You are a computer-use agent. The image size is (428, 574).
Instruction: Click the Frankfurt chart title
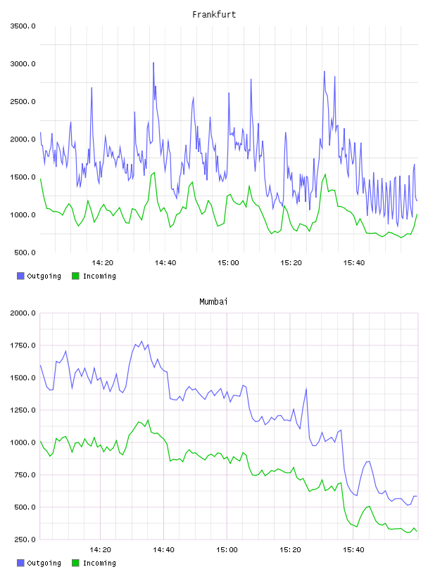point(214,14)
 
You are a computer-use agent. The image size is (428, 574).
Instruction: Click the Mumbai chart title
point(213,301)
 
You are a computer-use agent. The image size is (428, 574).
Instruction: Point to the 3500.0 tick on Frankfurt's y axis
point(23,26)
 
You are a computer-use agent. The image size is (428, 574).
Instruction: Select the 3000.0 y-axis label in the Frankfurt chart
point(23,64)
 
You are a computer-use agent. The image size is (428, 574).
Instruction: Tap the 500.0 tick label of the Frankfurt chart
point(25,253)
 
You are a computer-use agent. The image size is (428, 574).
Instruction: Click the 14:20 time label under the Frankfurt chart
point(103,262)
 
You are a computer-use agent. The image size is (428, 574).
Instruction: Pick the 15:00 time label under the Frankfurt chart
point(228,262)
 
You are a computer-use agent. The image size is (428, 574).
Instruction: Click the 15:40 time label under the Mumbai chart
point(353,549)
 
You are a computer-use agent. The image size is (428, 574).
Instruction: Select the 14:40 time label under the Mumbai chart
point(164,549)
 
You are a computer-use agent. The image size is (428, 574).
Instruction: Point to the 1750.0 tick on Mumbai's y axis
point(23,345)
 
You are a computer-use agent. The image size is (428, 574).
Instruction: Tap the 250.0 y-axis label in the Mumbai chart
point(25,540)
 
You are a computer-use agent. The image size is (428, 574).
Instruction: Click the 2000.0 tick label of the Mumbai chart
point(23,313)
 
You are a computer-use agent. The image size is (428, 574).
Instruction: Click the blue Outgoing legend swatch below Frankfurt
point(20,276)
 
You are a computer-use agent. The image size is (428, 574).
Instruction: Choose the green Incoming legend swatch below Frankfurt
point(75,276)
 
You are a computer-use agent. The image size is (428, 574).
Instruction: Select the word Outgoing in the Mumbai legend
point(44,563)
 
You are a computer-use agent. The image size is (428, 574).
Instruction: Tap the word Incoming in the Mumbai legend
point(99,563)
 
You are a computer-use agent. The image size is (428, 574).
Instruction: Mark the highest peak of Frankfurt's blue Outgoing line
point(153,63)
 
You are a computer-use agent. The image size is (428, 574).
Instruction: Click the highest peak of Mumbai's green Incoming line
point(148,420)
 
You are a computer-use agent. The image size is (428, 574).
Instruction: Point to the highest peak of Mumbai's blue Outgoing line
point(141,341)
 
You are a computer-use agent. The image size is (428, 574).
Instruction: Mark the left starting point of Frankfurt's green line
point(40,179)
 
